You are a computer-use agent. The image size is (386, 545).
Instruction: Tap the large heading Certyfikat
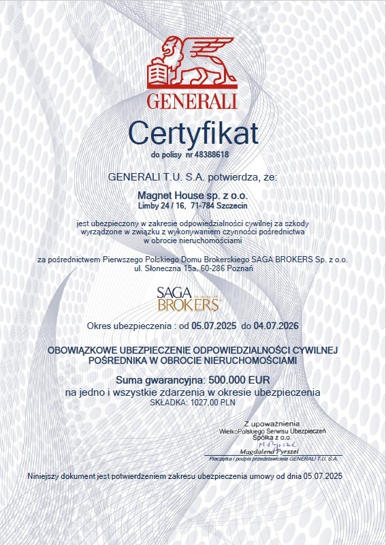[193, 133]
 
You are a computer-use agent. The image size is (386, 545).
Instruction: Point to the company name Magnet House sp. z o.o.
[193, 194]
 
